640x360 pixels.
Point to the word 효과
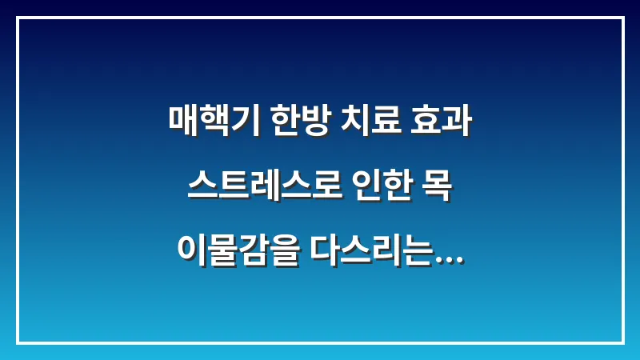(x=442, y=122)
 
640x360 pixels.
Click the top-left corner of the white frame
(x=18, y=18)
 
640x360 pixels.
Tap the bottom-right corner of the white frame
(x=622, y=342)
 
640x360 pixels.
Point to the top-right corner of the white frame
(x=622, y=18)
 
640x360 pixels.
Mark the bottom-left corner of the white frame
(x=18, y=342)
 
